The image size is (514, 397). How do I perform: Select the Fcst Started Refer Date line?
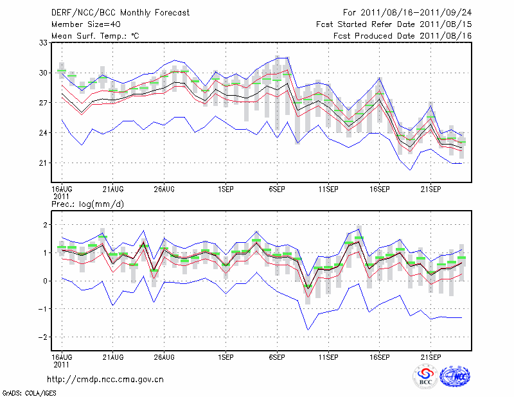pos(394,24)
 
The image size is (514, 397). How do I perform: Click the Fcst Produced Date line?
pos(403,36)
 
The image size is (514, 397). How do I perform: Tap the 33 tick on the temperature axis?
pos(44,43)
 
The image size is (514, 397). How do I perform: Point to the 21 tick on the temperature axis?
pos(44,163)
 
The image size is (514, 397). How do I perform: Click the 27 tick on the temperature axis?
pos(44,103)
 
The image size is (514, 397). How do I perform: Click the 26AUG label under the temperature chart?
pos(164,189)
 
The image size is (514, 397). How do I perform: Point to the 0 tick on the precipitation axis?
pos(45,281)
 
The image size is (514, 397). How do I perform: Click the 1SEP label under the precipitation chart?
pos(226,357)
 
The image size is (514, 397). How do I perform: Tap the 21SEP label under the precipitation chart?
pos(430,357)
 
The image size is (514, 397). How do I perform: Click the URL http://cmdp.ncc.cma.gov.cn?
pos(105,379)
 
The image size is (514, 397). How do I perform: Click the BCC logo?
pos(425,377)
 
